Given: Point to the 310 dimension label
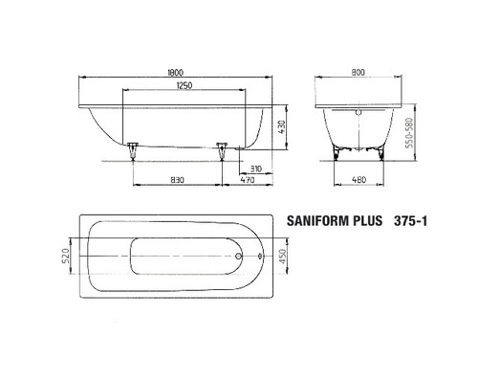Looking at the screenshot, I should tap(243, 167).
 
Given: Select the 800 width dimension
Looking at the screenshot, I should tap(358, 70).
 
